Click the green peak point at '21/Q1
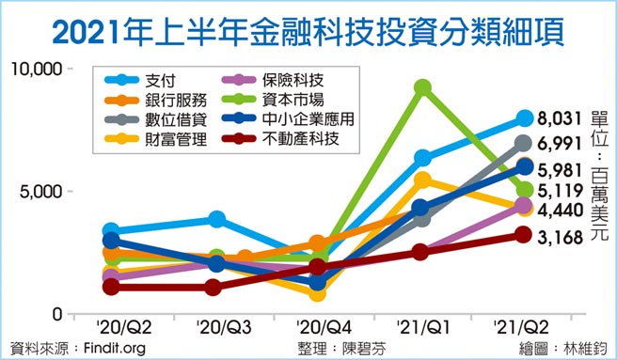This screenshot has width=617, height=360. (422, 87)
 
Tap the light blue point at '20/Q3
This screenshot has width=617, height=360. (216, 219)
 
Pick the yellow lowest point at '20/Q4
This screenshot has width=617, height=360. (318, 292)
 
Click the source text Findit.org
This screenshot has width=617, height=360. (111, 349)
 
